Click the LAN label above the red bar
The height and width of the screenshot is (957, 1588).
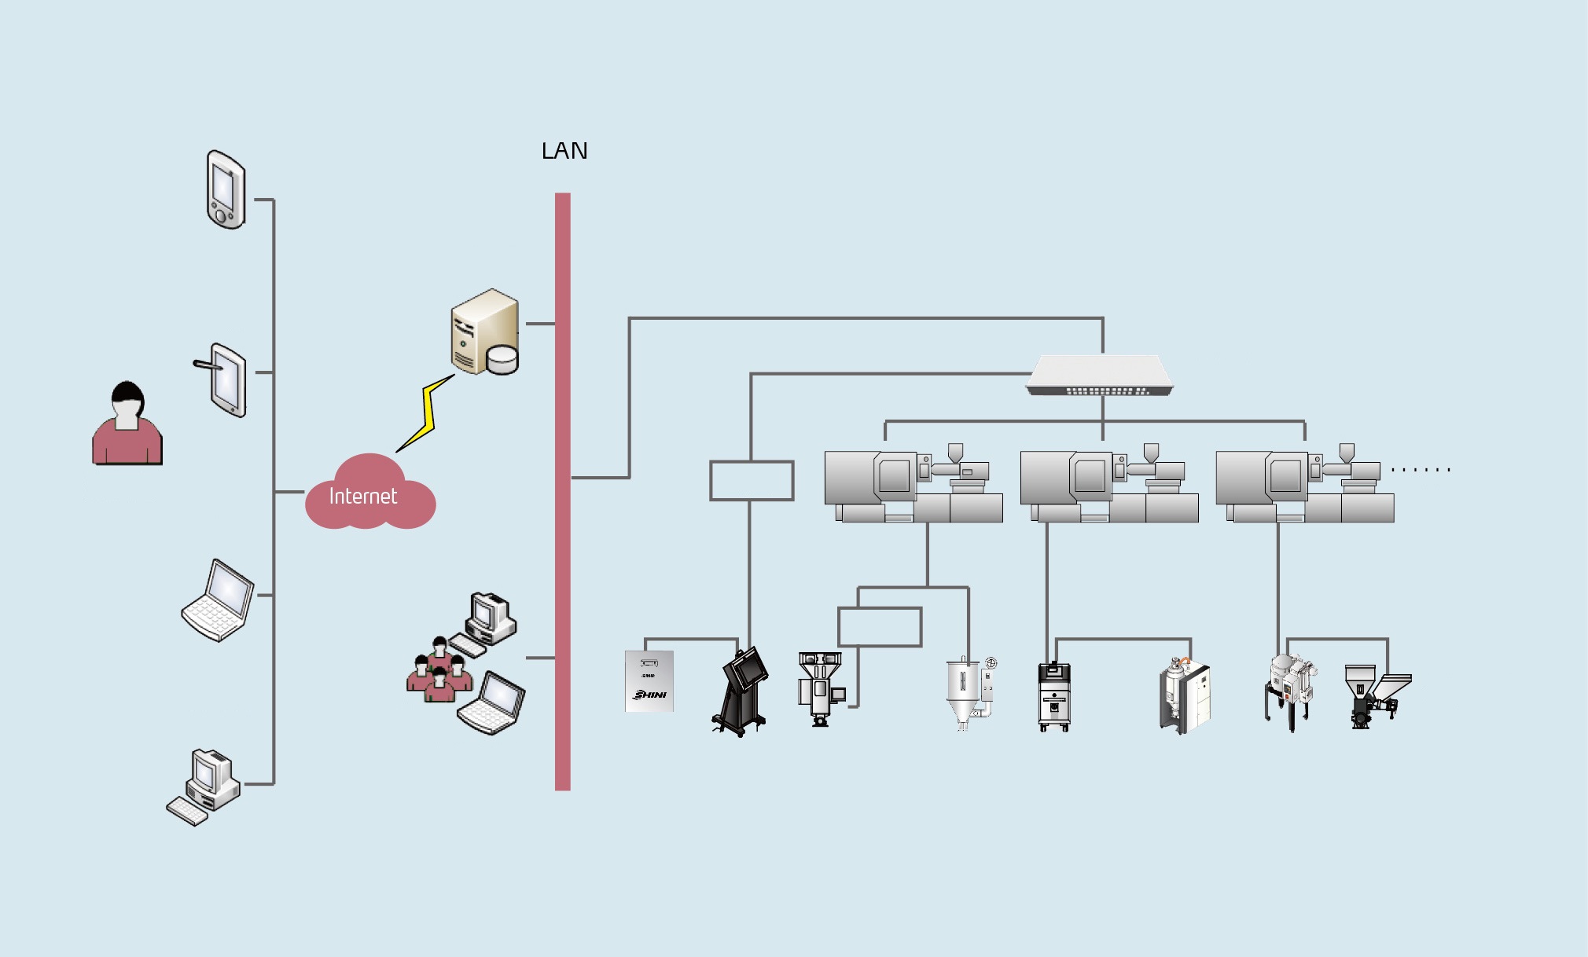click(x=564, y=151)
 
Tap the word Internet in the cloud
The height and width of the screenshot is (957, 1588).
click(x=362, y=496)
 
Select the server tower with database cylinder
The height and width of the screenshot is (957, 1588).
click(x=484, y=332)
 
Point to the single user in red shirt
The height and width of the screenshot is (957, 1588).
click(x=127, y=423)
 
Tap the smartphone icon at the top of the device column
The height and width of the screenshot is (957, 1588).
click(x=226, y=189)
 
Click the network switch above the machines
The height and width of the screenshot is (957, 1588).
click(x=1100, y=375)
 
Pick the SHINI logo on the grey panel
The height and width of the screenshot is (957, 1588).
click(x=650, y=695)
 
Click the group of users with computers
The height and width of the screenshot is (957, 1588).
click(x=466, y=664)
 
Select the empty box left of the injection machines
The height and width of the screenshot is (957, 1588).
click(x=752, y=481)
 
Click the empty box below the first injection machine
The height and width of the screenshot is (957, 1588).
click(x=880, y=627)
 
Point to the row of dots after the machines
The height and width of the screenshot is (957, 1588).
click(x=1421, y=470)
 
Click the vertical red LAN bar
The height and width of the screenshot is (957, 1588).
click(x=563, y=492)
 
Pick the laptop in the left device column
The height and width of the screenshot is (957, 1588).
click(x=218, y=600)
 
